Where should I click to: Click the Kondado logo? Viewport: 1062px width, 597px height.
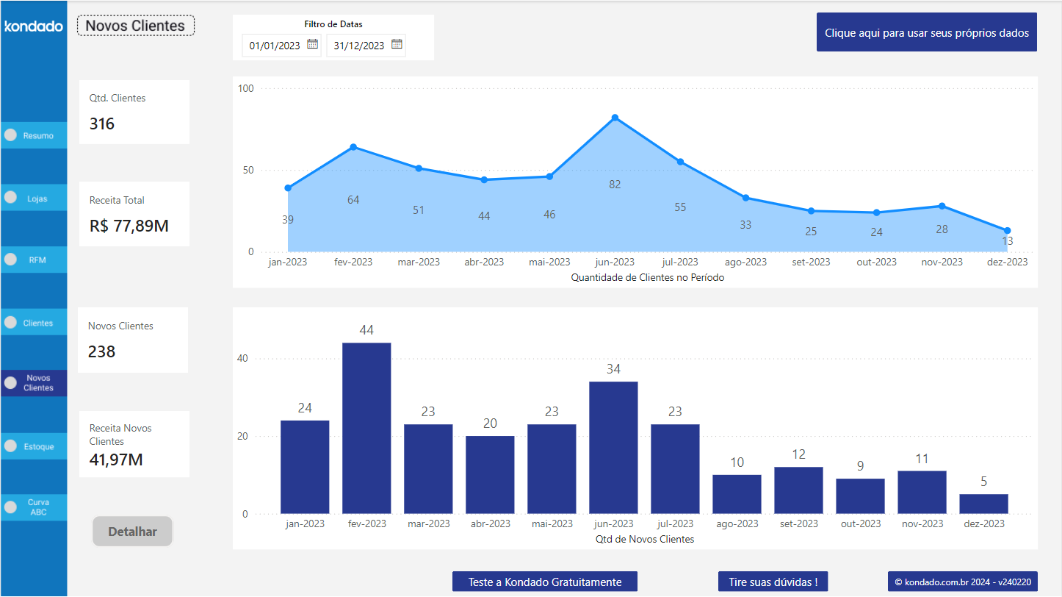coord(34,26)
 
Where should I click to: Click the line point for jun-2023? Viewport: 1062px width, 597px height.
coord(615,118)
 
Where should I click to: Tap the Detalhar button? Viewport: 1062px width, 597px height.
coord(132,532)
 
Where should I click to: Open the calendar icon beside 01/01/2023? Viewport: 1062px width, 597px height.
coord(312,44)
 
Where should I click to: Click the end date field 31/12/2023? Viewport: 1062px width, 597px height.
coord(358,46)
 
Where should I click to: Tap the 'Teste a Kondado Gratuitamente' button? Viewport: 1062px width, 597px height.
coord(545,582)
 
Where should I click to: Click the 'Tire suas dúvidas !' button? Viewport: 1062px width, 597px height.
coord(773,582)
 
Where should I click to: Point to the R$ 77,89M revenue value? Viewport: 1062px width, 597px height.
coord(129,226)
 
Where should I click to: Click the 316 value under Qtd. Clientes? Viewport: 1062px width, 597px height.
coord(102,124)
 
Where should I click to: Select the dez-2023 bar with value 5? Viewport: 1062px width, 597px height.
coord(983,504)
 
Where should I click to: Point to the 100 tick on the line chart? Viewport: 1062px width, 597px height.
coord(246,89)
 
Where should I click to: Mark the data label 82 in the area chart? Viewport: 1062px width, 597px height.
coord(615,185)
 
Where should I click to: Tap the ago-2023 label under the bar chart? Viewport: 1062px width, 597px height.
coord(737,523)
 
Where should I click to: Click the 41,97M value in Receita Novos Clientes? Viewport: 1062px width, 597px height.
coord(116,460)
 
